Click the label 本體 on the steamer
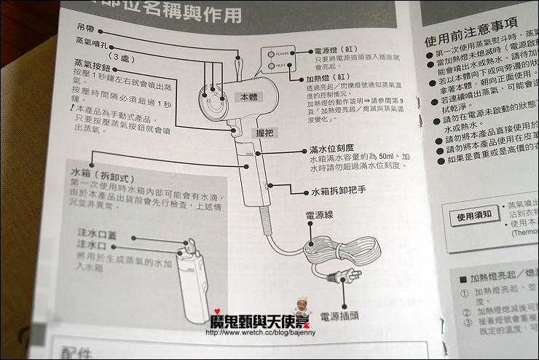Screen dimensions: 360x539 [249, 96]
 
